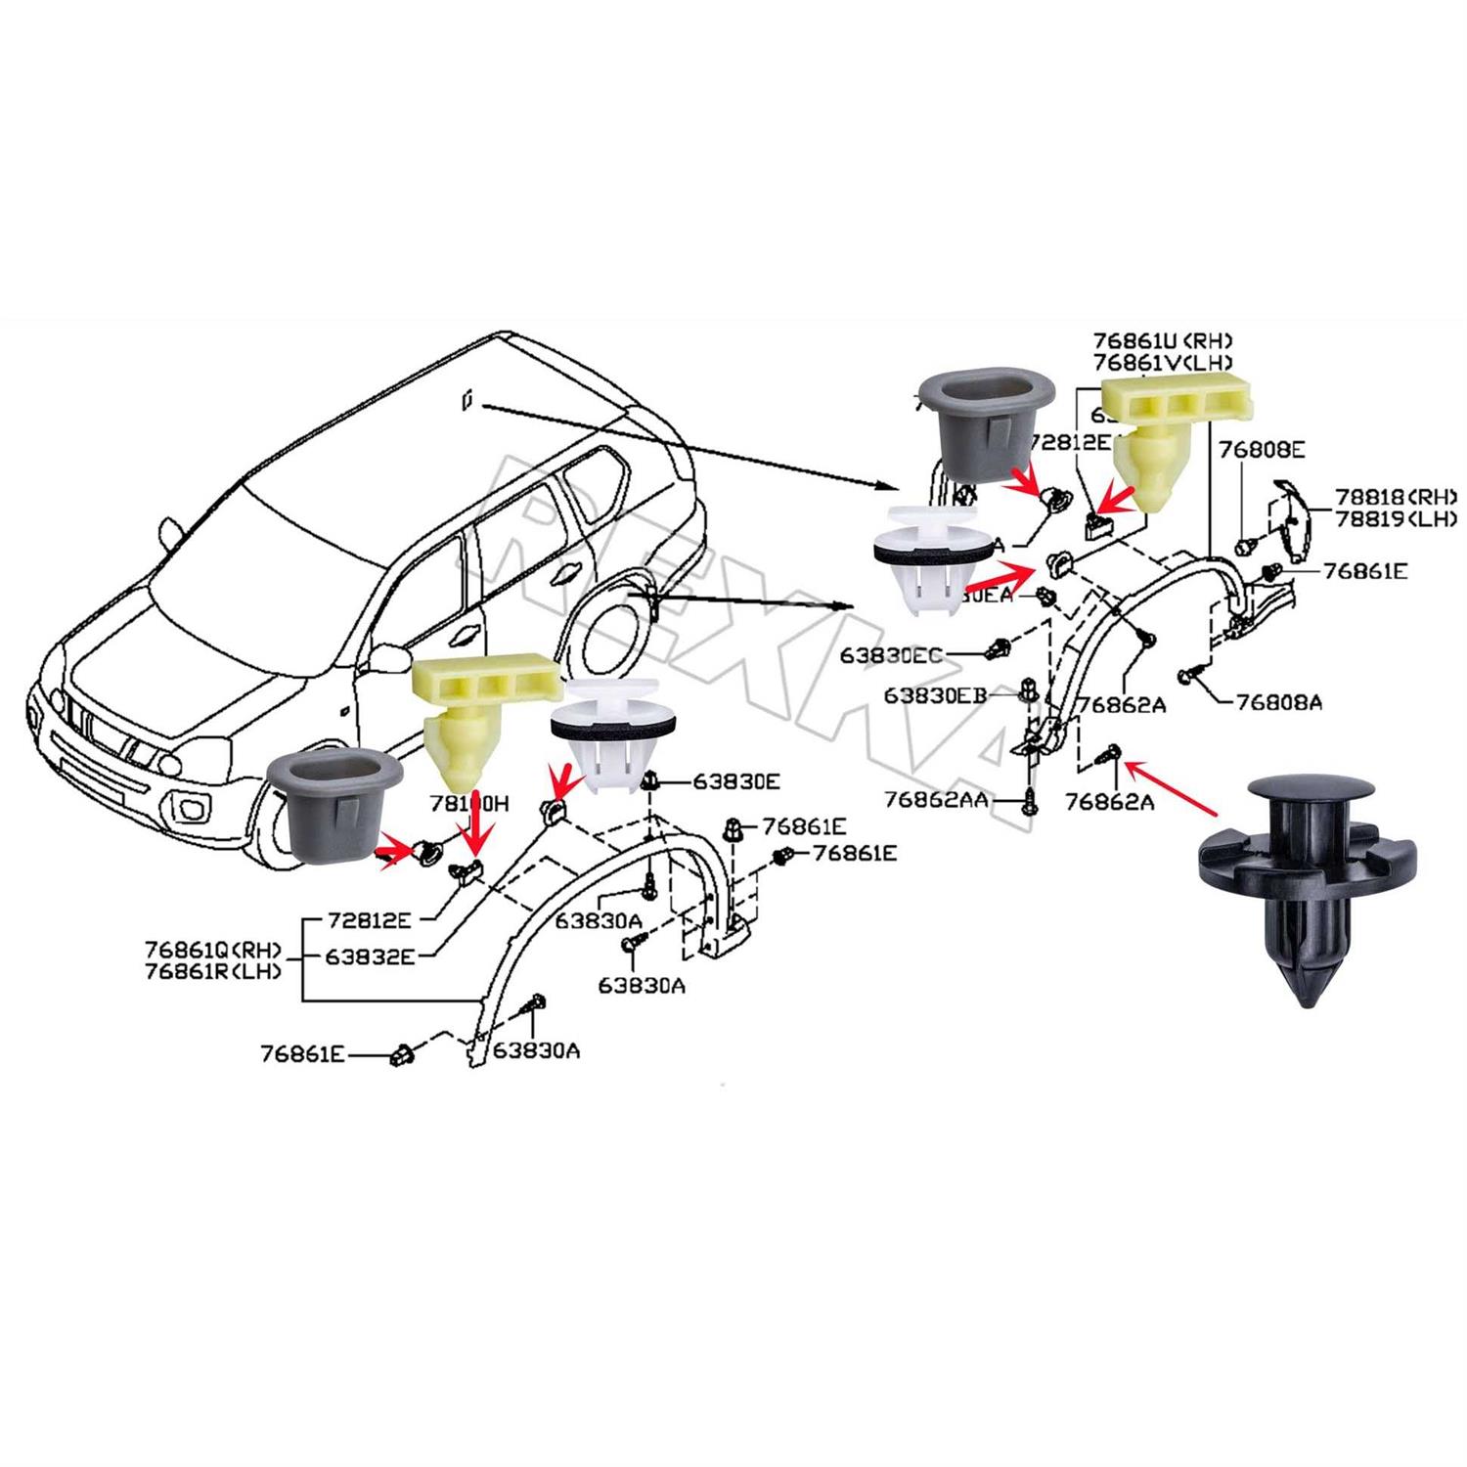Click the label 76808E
1261,450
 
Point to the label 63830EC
891,654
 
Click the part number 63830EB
935,694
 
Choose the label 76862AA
936,800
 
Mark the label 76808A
1278,701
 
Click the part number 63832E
371,956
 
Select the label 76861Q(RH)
213,950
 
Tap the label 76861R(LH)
213,971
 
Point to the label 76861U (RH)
1162,340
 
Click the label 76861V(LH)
1162,361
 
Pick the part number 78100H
469,804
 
